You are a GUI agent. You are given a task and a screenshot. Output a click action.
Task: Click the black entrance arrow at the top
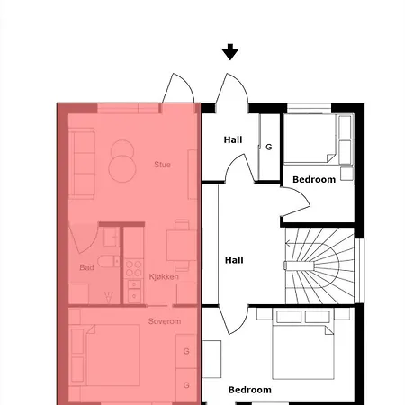tap(230, 52)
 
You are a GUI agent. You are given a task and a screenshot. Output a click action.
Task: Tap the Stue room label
tap(162, 165)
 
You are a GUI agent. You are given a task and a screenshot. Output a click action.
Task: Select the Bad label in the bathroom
tap(86, 267)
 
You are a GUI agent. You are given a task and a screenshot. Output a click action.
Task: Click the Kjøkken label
tap(164, 276)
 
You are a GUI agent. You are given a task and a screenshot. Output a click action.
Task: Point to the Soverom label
tap(165, 321)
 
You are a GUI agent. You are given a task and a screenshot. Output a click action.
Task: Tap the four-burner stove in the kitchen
tap(134, 267)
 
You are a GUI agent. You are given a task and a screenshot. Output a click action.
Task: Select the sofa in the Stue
tap(82, 162)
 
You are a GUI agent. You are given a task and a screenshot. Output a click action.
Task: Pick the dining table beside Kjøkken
tap(181, 246)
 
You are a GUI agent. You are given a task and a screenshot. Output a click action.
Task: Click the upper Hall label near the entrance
tap(233, 139)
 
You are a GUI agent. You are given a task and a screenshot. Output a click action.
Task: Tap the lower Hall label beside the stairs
tap(234, 260)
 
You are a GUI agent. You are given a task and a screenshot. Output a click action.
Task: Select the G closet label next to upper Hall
tap(268, 146)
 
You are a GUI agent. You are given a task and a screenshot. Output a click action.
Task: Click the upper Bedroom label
tap(314, 180)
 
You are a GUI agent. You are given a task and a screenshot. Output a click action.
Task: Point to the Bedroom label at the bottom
tap(249, 390)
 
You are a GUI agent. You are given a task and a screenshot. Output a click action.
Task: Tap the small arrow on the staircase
tap(291, 265)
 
